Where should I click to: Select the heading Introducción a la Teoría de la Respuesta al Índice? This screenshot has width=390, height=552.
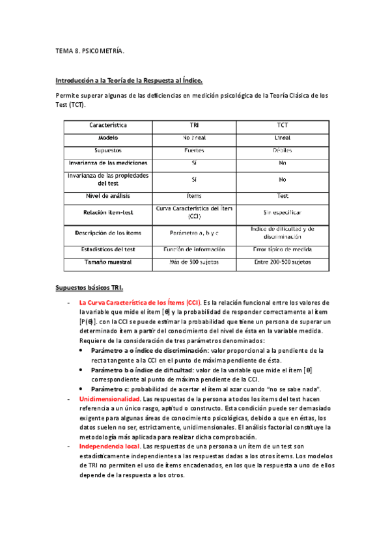pos(130,81)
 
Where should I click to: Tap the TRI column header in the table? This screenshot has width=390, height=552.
pos(195,124)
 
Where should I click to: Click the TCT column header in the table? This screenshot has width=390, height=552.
pos(283,124)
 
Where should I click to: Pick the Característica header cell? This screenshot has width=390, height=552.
pos(108,124)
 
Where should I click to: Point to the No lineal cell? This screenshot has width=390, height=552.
pos(195,137)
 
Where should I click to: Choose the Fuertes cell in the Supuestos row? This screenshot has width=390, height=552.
pos(195,150)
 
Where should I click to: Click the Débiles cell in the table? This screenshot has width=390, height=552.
pos(283,150)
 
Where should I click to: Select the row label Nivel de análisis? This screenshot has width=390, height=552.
pos(108,195)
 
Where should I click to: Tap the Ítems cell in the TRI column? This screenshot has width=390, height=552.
pos(195,195)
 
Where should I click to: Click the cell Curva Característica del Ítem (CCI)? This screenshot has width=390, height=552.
pos(195,212)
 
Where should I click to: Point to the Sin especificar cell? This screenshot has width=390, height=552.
pos(283,212)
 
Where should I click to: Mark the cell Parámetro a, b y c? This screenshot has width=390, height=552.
pos(195,232)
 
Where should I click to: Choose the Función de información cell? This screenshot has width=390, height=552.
pos(195,249)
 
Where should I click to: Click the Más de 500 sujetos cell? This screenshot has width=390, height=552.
pos(195,262)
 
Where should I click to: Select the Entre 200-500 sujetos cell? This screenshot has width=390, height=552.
pos(283,262)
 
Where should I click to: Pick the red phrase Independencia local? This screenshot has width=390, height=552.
pos(109,447)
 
